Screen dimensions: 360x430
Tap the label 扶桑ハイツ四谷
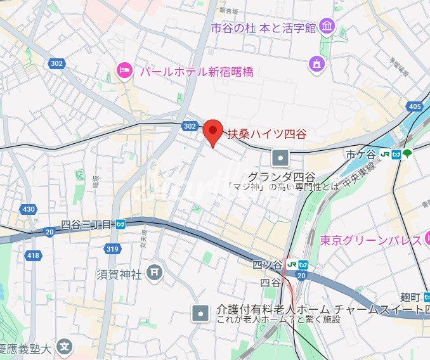click(x=266, y=134)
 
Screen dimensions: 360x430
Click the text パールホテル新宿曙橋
click(x=196, y=71)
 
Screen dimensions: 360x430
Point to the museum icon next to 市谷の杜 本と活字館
click(x=327, y=27)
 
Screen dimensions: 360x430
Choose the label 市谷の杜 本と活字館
click(x=264, y=27)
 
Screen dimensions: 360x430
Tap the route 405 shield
click(x=415, y=106)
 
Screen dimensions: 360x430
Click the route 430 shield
click(x=29, y=209)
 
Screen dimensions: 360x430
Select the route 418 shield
click(x=33, y=255)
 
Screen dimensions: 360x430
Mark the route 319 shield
click(x=113, y=248)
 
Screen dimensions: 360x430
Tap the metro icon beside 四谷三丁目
click(x=121, y=224)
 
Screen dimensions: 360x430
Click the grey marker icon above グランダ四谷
click(x=280, y=157)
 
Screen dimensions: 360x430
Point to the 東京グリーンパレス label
click(x=371, y=240)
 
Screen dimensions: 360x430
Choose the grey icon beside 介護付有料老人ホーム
click(x=201, y=313)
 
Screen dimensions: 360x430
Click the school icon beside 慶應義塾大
click(x=64, y=347)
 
